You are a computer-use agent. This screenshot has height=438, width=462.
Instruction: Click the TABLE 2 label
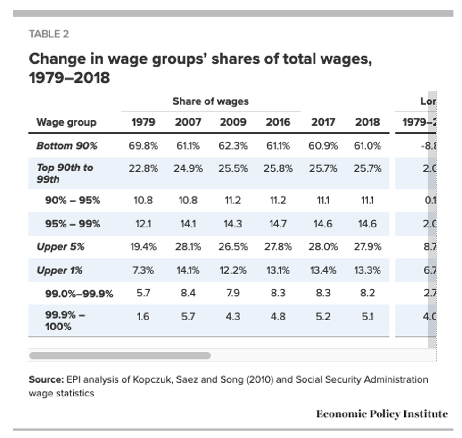pyautogui.click(x=49, y=34)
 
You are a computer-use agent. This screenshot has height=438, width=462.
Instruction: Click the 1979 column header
pyautogui.click(x=143, y=122)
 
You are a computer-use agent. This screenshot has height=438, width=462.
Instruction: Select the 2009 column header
pyautogui.click(x=233, y=122)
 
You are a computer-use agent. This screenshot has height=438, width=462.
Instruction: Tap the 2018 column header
pyautogui.click(x=367, y=122)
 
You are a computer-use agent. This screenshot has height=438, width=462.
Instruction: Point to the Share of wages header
pyautogui.click(x=210, y=101)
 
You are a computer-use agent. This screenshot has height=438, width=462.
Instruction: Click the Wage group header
pyautogui.click(x=66, y=122)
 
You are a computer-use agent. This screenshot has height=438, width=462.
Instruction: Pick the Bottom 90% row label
pyautogui.click(x=66, y=146)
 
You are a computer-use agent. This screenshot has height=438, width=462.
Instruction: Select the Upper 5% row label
pyautogui.click(x=60, y=246)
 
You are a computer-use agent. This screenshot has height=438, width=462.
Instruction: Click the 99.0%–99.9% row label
pyautogui.click(x=79, y=294)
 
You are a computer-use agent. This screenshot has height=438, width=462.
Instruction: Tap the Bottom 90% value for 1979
pyautogui.click(x=143, y=146)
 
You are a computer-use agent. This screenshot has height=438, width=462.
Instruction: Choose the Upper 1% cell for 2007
pyautogui.click(x=188, y=270)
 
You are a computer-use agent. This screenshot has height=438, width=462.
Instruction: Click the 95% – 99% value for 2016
pyautogui.click(x=277, y=224)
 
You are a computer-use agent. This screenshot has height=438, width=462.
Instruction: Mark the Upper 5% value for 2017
pyautogui.click(x=323, y=246)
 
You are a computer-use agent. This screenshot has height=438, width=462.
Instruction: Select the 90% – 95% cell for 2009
pyautogui.click(x=233, y=201)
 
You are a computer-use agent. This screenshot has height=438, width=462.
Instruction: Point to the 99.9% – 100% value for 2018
pyautogui.click(x=367, y=317)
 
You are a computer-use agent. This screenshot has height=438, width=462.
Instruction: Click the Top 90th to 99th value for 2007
pyautogui.click(x=188, y=168)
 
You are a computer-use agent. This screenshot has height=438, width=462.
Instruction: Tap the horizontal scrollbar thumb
pyautogui.click(x=120, y=355)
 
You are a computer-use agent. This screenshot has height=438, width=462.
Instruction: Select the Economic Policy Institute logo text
pyautogui.click(x=382, y=414)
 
